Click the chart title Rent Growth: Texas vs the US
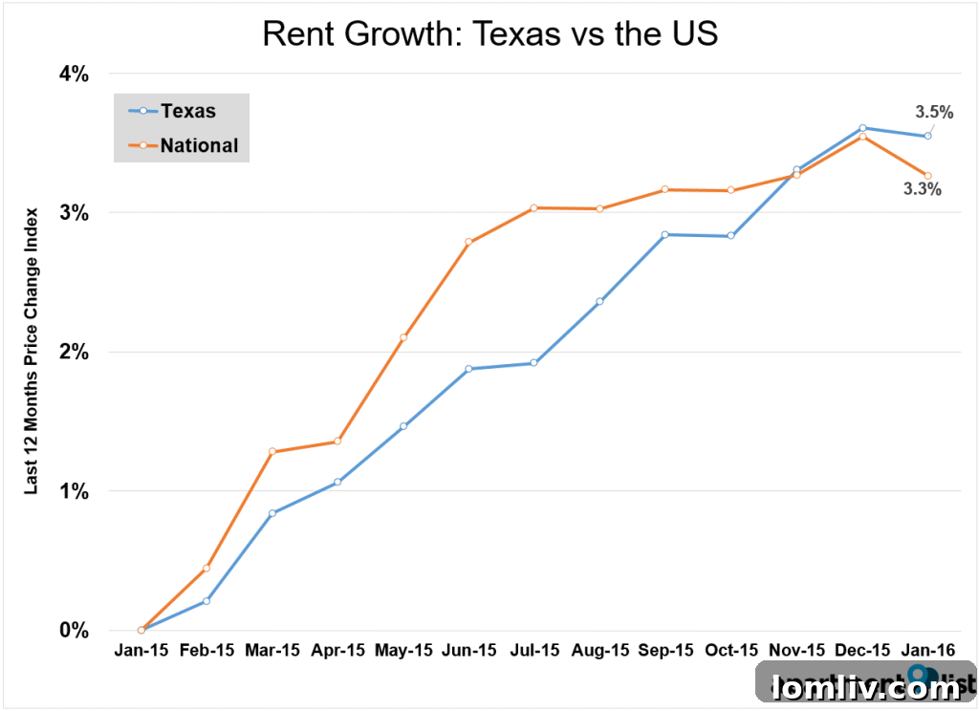[x=489, y=34]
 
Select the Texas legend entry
[x=187, y=111]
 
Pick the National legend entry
[x=199, y=146]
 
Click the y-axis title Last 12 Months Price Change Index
[x=32, y=351]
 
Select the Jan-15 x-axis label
[x=141, y=652]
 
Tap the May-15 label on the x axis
[x=403, y=652]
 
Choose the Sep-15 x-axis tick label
[x=665, y=652]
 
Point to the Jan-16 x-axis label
[x=927, y=652]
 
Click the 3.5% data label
[x=933, y=112]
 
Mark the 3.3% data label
[x=923, y=189]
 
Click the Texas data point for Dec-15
[x=862, y=127]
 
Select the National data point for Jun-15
[x=468, y=243]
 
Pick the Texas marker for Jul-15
[x=534, y=363]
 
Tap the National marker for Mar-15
[x=272, y=451]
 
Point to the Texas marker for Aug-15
[x=599, y=302]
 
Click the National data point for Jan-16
[x=927, y=175]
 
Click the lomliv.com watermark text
[x=866, y=687]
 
